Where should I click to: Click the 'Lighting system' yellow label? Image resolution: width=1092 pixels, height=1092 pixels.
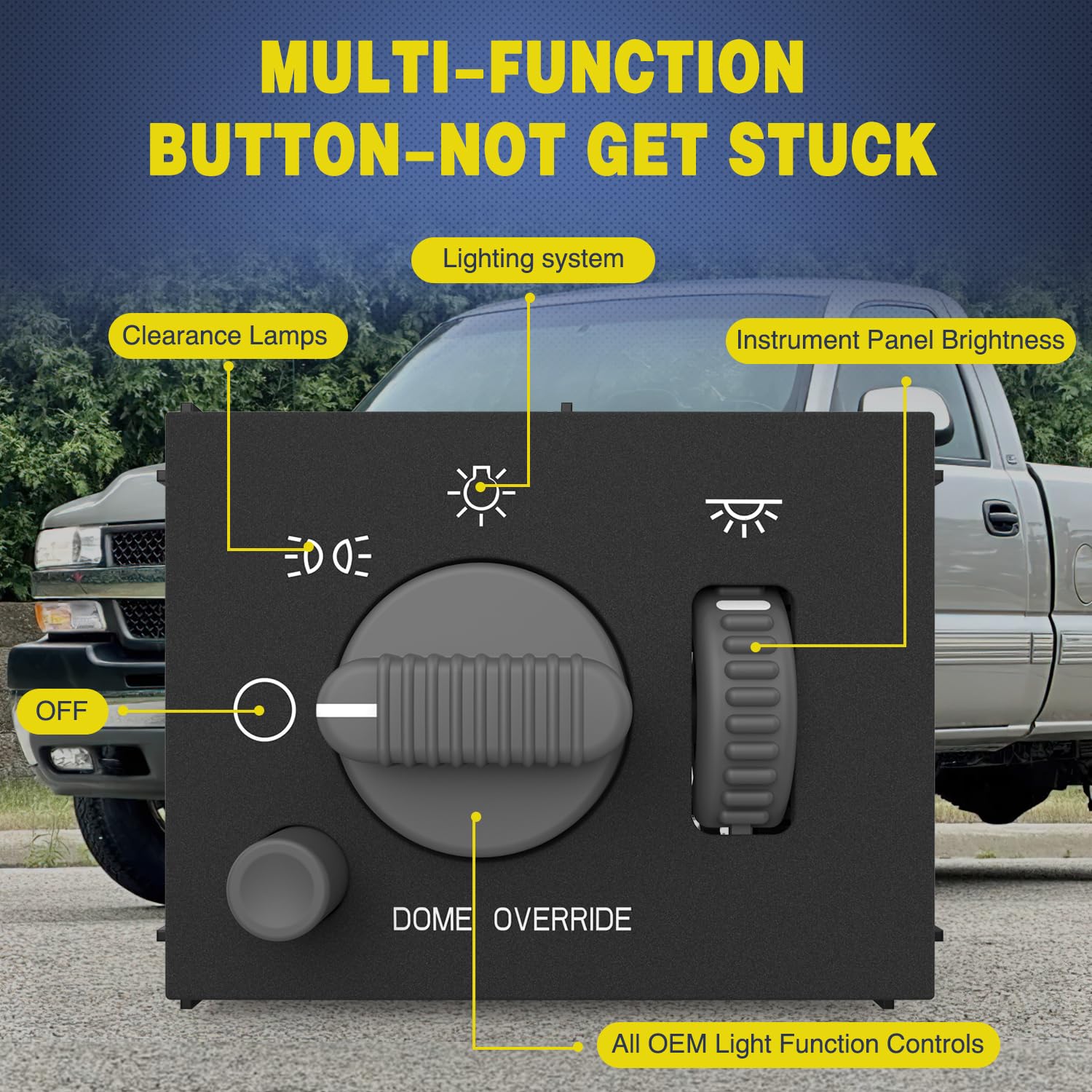coord(533,259)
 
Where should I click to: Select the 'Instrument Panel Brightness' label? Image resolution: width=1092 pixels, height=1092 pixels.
coord(900,340)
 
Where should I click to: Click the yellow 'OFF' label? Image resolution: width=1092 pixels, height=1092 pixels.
coord(62,711)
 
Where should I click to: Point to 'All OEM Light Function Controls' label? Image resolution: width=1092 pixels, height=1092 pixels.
coord(797,1044)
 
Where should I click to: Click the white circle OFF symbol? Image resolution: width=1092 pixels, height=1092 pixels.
coord(264,710)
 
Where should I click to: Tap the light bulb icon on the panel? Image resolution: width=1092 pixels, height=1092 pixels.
coord(480,493)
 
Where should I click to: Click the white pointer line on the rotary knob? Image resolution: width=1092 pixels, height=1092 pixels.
coord(347,711)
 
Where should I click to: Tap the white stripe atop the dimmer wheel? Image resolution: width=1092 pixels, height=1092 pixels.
coord(743,605)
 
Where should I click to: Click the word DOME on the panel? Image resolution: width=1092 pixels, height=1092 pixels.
coord(431,919)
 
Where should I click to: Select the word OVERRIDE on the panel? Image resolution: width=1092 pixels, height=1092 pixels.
coord(562,919)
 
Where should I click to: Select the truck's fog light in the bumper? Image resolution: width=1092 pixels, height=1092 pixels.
coord(71,759)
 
